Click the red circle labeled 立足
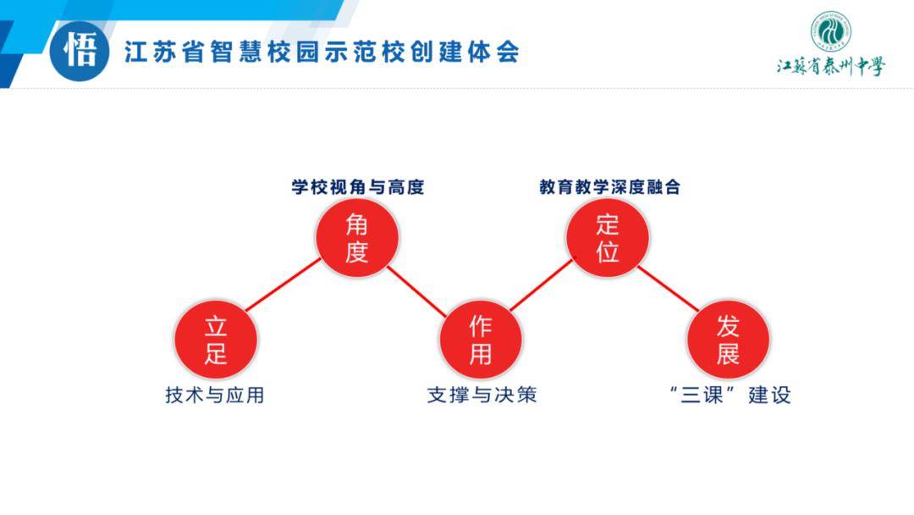pyautogui.click(x=216, y=340)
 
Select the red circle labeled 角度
pyautogui.click(x=357, y=237)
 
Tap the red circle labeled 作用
pyautogui.click(x=481, y=340)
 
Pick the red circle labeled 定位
pyautogui.click(x=608, y=237)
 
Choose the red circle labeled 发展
pyautogui.click(x=728, y=340)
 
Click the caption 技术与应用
pyautogui.click(x=214, y=396)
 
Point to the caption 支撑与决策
pyautogui.click(x=482, y=396)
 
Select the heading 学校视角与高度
pyautogui.click(x=358, y=187)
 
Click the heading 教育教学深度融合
pyautogui.click(x=609, y=187)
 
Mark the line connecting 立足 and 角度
pyautogui.click(x=284, y=285)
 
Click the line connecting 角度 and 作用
pyautogui.click(x=416, y=291)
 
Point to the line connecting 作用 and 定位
pyautogui.click(x=542, y=285)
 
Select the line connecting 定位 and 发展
pyautogui.click(x=668, y=289)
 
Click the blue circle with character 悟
pyautogui.click(x=80, y=52)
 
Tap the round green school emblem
pyautogui.click(x=831, y=30)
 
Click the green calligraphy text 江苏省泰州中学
pyautogui.click(x=831, y=66)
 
